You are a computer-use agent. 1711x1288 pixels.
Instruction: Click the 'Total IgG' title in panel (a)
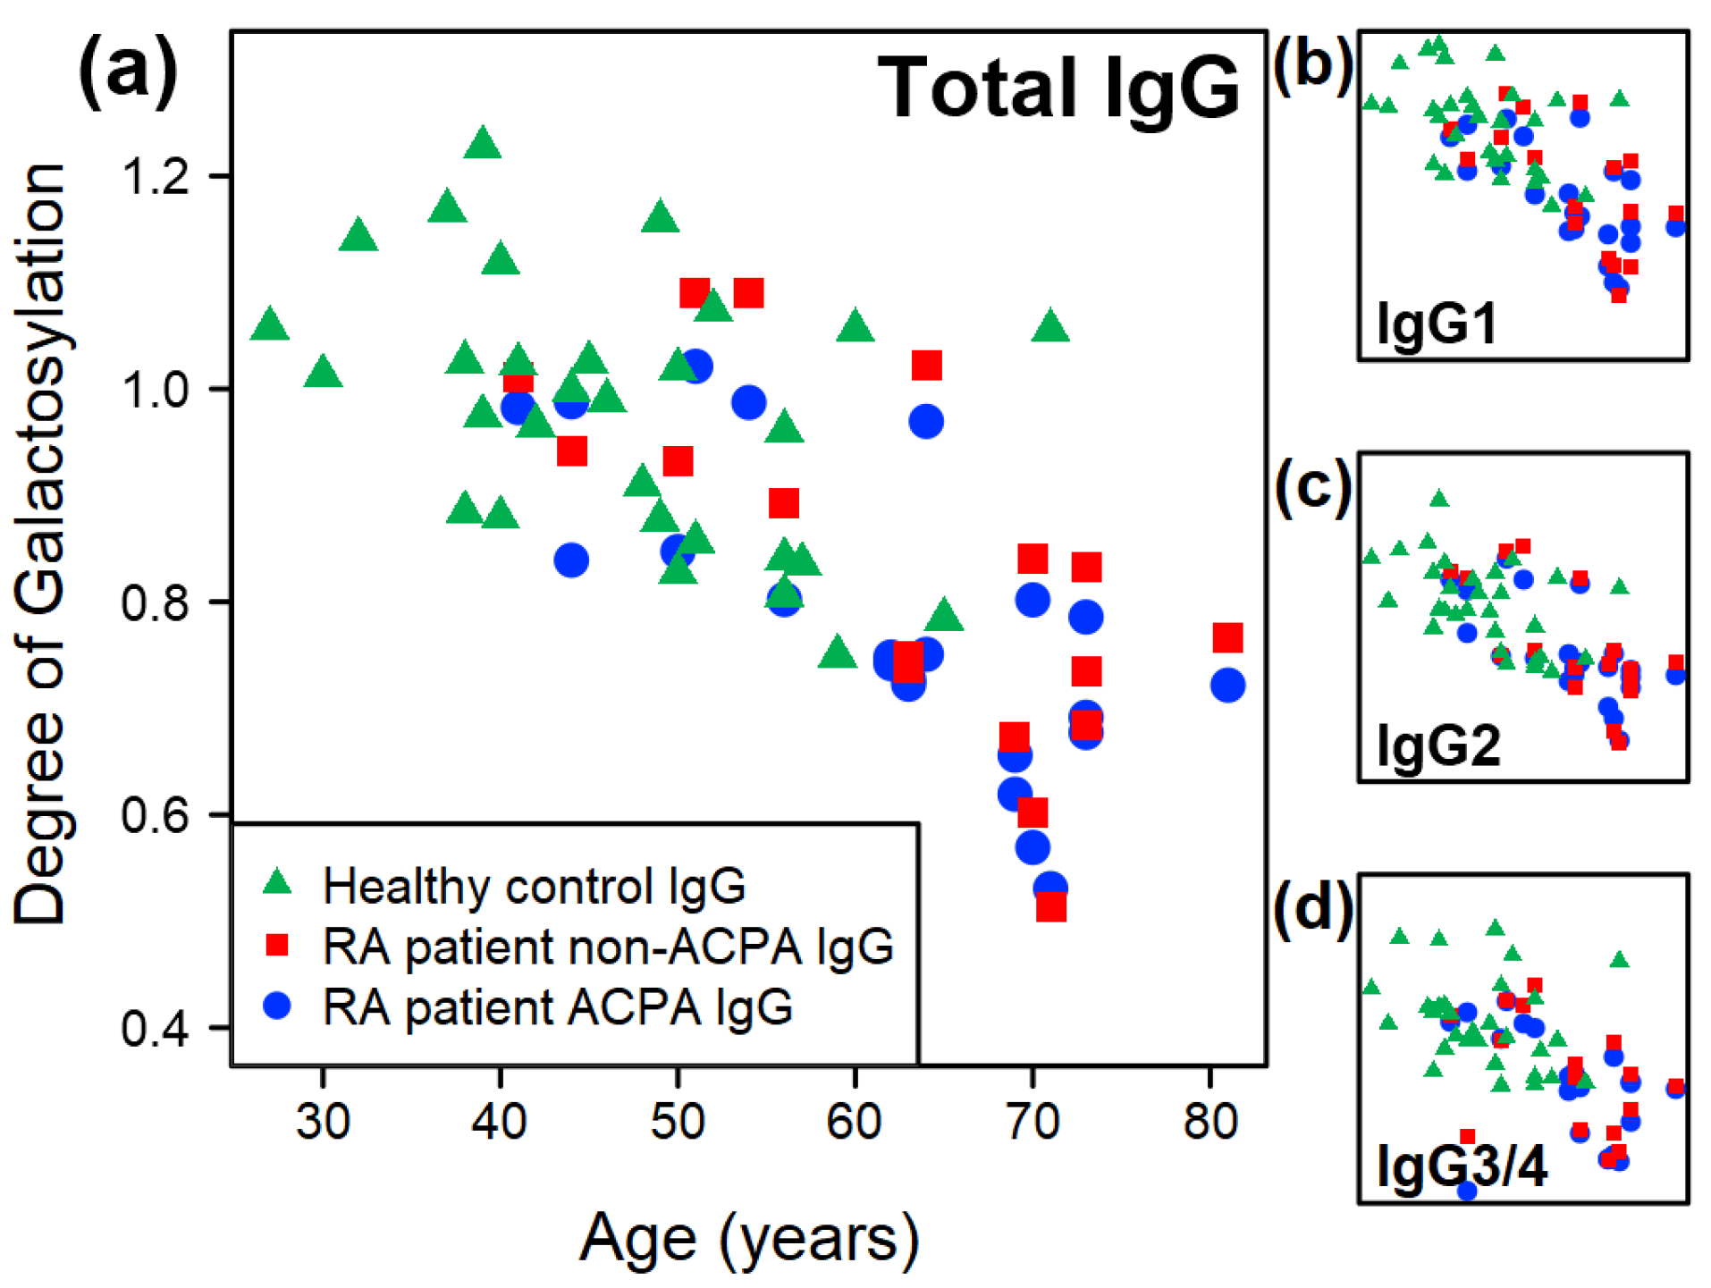[x=1058, y=88]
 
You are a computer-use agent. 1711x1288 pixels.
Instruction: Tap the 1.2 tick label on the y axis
[x=156, y=176]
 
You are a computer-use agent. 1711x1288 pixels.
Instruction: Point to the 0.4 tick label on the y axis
[x=156, y=1029]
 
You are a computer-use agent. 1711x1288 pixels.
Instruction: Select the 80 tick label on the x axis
[x=1209, y=1121]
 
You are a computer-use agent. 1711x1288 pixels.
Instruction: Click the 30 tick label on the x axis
[x=323, y=1121]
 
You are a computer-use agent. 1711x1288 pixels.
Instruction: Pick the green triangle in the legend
[x=278, y=883]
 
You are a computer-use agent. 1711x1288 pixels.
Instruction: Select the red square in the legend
[x=278, y=945]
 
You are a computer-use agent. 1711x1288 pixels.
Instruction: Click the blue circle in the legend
[x=278, y=1006]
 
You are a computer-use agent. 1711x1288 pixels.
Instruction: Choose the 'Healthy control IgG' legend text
[x=534, y=887]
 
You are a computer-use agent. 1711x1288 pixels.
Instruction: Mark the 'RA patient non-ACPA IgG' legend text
[x=608, y=947]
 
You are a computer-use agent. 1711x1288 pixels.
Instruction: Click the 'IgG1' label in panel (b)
[x=1437, y=323]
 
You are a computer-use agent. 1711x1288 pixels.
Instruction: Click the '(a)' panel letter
[x=128, y=72]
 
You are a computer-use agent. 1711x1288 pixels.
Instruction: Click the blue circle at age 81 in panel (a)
[x=1227, y=686]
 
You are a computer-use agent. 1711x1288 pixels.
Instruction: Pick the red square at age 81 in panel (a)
[x=1227, y=638]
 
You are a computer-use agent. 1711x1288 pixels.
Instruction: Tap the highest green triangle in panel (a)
[x=483, y=143]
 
